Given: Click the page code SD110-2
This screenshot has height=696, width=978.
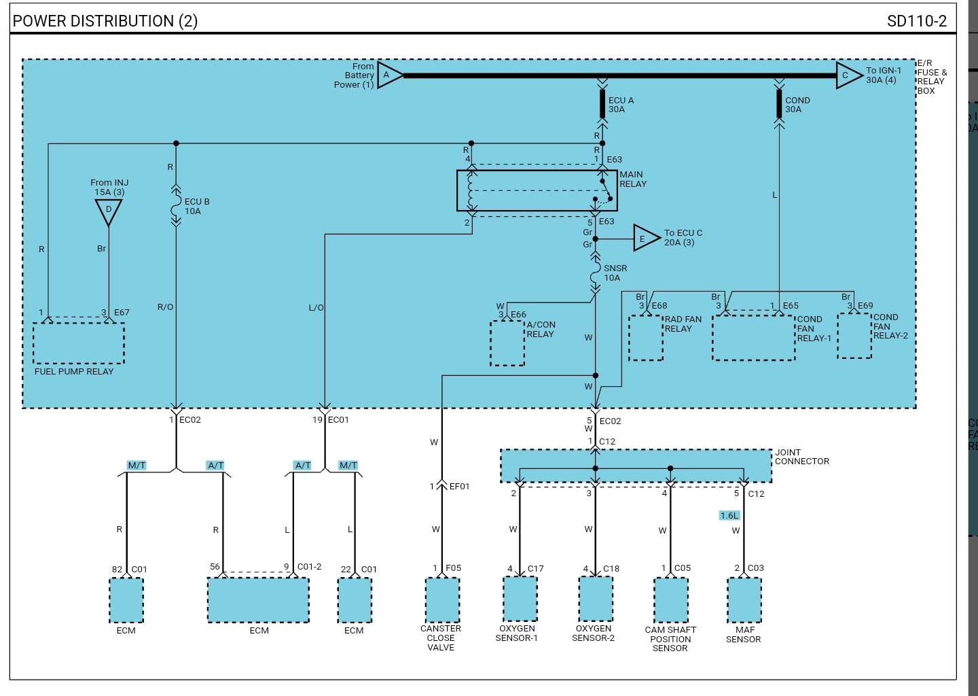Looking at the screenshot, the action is click(916, 21).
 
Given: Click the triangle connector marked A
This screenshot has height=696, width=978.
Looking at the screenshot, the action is click(389, 75).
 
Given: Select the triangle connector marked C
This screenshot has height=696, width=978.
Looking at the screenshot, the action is click(849, 75).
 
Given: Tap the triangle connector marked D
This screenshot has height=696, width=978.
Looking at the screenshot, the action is click(108, 212).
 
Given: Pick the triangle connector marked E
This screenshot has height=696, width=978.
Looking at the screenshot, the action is click(646, 238).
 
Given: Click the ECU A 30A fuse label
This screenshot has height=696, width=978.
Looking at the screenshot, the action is click(621, 105).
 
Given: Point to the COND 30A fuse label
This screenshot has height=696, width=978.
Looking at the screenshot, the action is click(797, 105).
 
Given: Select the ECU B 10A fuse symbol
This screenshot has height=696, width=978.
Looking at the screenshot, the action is click(176, 206).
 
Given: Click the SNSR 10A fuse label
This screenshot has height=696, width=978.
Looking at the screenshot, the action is click(615, 273).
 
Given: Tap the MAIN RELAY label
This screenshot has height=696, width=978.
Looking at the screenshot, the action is click(633, 179).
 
